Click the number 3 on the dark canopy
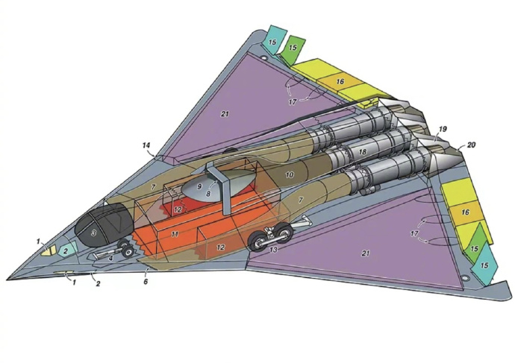coord(93,233)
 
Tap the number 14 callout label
coord(146,145)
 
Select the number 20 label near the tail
coord(471,145)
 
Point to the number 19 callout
coord(443,129)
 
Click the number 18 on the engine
coord(363,152)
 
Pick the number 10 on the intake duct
coord(290,174)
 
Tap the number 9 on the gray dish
coord(199,186)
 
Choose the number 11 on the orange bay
coord(175,234)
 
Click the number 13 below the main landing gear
coord(273,250)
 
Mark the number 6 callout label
coord(146,281)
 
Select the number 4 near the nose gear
coord(111,258)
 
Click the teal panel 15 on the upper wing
coord(273,40)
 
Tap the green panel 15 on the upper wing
coord(293,48)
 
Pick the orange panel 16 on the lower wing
coord(466,213)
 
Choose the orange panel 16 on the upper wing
coord(340,81)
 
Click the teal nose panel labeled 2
coord(67,250)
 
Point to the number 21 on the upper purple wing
coord(225,114)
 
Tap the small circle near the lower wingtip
coord(464,278)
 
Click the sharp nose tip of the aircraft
coord(7,280)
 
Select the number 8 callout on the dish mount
coord(208,194)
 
